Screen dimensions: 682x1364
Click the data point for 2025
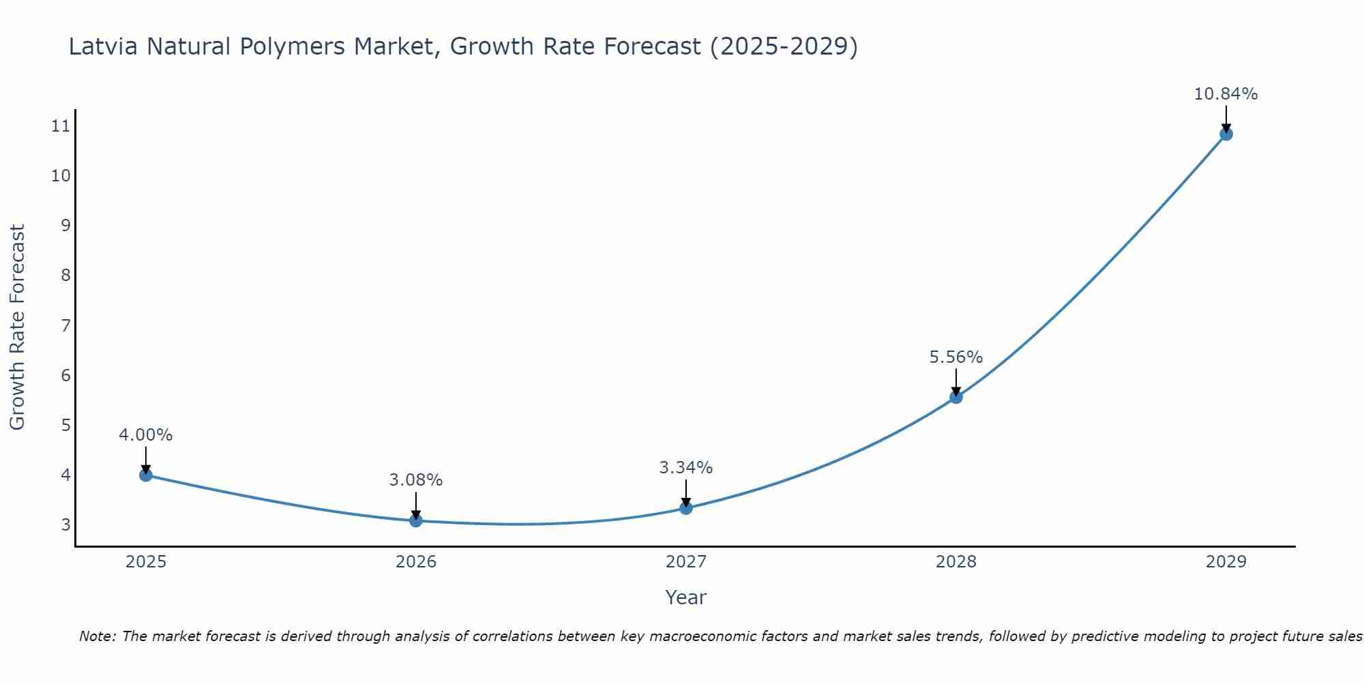(x=146, y=475)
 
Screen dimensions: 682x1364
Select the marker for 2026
(x=416, y=520)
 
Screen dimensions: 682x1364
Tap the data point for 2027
(x=686, y=507)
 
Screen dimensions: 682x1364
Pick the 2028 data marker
(x=956, y=397)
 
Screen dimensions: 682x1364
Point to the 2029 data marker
(x=1226, y=134)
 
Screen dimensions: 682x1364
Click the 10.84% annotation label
(x=1226, y=94)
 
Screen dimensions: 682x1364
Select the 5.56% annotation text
(x=956, y=357)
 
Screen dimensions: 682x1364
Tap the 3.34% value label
(x=686, y=468)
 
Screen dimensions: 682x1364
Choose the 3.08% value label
(x=416, y=480)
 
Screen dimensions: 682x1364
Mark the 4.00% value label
(x=146, y=435)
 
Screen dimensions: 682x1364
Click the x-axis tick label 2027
(x=686, y=562)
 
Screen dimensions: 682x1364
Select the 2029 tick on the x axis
(x=1226, y=562)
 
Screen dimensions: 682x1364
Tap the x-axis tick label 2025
(x=146, y=562)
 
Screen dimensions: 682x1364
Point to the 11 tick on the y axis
(x=61, y=125)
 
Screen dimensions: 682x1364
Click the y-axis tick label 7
(x=65, y=325)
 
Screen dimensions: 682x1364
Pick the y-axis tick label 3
(x=65, y=525)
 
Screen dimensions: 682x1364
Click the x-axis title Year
(x=686, y=597)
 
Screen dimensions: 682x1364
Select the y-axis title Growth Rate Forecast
(x=17, y=327)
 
